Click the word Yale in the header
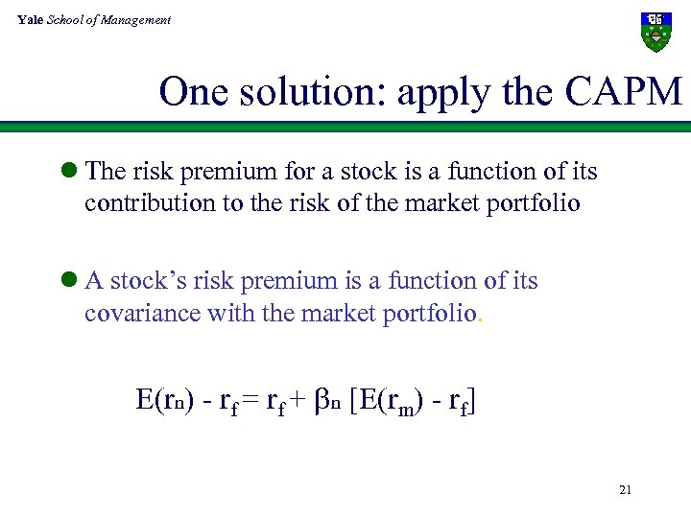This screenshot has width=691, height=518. [30, 19]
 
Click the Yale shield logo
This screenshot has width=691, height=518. [656, 32]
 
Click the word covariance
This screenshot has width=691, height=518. [141, 313]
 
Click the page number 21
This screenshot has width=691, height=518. [626, 490]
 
